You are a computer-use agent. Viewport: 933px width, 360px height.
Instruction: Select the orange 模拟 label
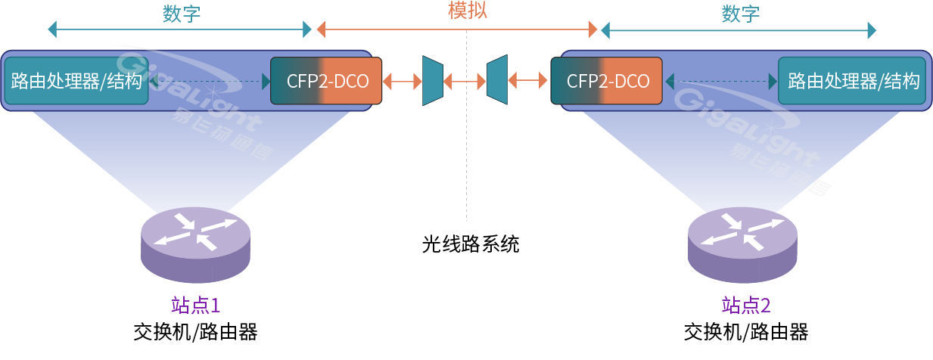pos(467,11)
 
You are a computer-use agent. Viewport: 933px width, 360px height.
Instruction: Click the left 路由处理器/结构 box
pos(76,80)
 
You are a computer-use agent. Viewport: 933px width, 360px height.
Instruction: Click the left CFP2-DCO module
pos(327,80)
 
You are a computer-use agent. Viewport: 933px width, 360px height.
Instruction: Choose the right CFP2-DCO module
pos(607,80)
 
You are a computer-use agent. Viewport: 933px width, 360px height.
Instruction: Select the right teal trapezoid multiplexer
pos(496,79)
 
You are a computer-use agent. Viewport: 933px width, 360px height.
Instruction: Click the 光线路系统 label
pos(471,244)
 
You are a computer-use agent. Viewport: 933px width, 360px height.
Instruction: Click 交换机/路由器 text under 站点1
pos(195,331)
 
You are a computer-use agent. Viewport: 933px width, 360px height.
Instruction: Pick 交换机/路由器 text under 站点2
pos(745,331)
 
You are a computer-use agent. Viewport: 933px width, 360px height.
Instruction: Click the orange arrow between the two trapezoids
pos(464,79)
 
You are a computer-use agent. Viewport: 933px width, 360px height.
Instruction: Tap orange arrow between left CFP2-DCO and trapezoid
pos(402,79)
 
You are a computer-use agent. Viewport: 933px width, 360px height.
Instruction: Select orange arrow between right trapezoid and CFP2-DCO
pos(528,79)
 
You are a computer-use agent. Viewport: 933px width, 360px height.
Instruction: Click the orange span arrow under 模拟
pos(457,30)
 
